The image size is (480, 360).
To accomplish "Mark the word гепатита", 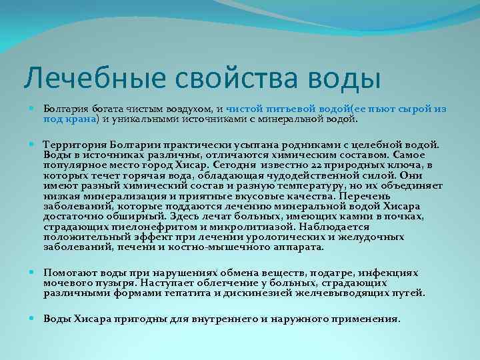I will pyautogui.click(x=209, y=293).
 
